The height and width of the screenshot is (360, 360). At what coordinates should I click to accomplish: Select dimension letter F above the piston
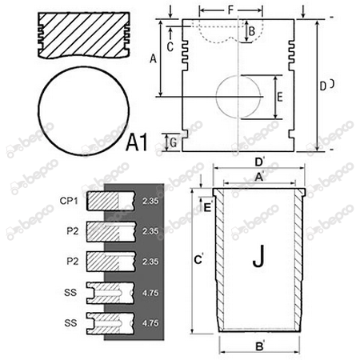click(231, 10)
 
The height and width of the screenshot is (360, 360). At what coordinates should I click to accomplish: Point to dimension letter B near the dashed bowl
click(251, 31)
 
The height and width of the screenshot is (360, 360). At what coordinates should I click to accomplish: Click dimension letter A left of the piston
click(152, 58)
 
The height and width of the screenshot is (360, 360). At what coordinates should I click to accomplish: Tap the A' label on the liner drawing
click(258, 176)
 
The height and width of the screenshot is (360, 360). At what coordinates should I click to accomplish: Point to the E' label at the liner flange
click(207, 207)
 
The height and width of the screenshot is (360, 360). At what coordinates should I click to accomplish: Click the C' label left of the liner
click(198, 259)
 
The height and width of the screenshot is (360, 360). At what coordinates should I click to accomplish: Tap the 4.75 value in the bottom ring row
click(149, 323)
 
